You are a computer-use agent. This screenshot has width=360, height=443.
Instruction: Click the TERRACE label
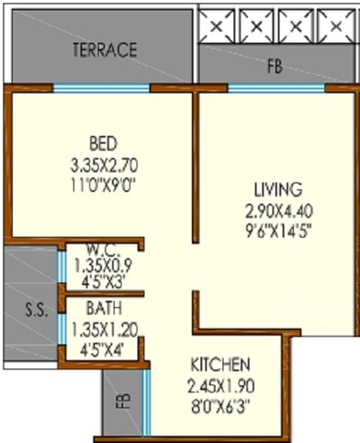click(x=105, y=49)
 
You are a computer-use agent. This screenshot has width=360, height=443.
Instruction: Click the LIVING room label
click(x=278, y=189)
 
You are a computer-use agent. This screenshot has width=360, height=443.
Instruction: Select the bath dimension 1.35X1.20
click(x=101, y=324)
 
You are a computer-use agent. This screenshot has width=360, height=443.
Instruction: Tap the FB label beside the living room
click(x=275, y=65)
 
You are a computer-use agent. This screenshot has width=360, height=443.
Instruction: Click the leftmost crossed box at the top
click(x=218, y=24)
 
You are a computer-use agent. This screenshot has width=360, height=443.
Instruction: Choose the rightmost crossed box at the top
click(x=335, y=24)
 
